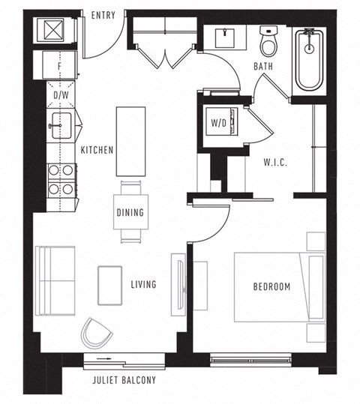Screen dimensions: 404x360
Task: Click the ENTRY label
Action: (x=103, y=16)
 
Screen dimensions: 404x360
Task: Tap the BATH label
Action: (x=262, y=67)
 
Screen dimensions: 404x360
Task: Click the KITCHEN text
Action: (x=97, y=150)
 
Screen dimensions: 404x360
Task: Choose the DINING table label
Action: (x=130, y=212)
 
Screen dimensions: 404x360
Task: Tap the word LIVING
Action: (x=142, y=284)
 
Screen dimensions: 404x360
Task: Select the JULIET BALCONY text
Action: (x=124, y=380)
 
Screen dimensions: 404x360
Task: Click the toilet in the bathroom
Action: (x=269, y=43)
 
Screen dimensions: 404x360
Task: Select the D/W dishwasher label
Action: (x=59, y=96)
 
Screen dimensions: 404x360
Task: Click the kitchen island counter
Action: (x=130, y=140)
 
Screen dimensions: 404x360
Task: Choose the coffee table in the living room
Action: (x=109, y=286)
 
